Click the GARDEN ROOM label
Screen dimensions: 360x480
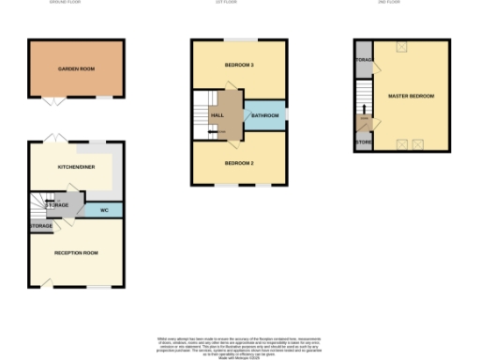77,68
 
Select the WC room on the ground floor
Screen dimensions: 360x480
105,210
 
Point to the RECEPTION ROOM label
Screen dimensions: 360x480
76,253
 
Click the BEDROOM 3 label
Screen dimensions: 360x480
240,65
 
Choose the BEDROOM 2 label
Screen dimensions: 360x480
240,162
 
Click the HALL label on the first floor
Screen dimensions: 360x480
217,115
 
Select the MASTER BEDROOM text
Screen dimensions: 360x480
412,97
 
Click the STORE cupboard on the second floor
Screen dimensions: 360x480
363,143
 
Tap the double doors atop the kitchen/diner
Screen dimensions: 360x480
55,138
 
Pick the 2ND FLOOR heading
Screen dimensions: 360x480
388,3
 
